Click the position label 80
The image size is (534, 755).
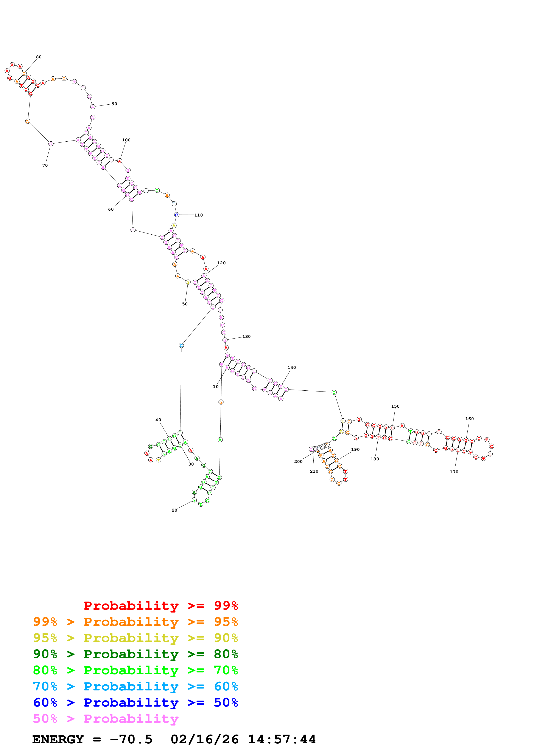[x=39, y=57]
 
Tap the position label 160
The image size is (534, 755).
[x=470, y=419]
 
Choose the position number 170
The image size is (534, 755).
[x=454, y=472]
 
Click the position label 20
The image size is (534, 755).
[x=174, y=510]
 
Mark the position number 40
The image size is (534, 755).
[x=158, y=420]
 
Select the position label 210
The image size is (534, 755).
[x=314, y=471]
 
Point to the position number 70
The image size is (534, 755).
[x=45, y=166]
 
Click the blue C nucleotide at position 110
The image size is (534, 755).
[x=177, y=215]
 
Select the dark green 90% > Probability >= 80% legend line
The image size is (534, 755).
[x=135, y=654]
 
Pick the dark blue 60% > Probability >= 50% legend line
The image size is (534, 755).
[x=135, y=702]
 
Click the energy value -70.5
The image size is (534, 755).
[x=131, y=739]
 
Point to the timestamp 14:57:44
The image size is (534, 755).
[x=282, y=739]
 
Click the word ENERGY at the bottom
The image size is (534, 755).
[x=58, y=739]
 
